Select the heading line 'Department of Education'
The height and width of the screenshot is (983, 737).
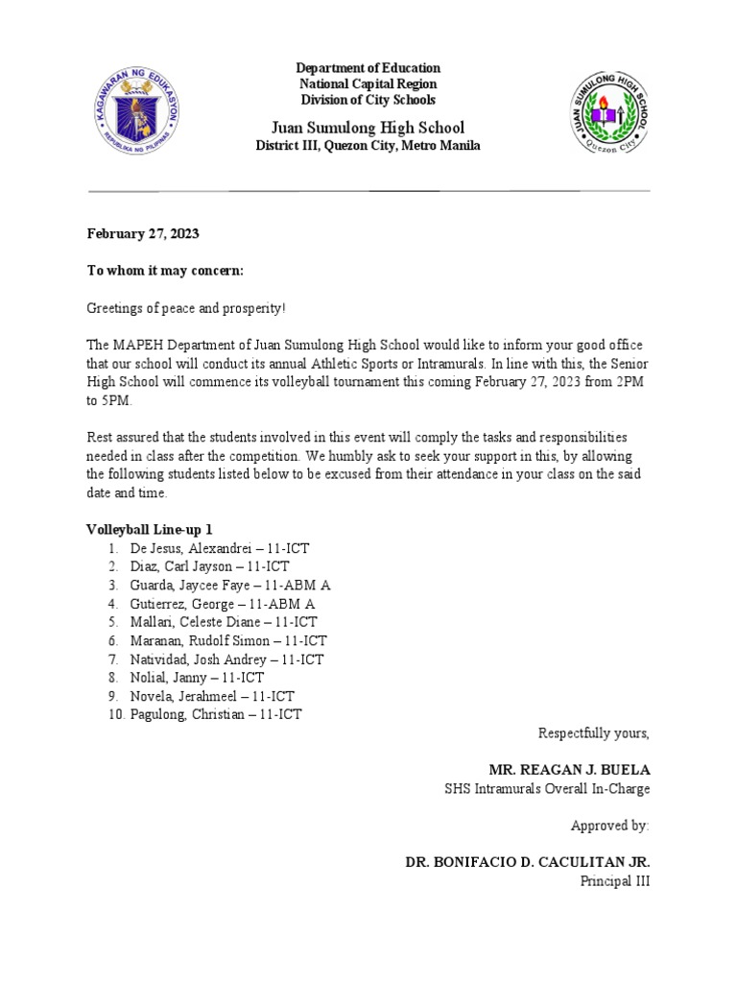(x=368, y=68)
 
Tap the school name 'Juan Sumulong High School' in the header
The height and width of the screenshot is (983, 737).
(x=368, y=127)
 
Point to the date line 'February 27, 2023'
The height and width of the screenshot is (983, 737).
(x=144, y=233)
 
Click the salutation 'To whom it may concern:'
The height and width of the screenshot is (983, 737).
(x=166, y=272)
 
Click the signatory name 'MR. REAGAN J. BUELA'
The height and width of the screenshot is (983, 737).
(x=570, y=770)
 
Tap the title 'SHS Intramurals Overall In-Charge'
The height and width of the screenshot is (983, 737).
(x=547, y=789)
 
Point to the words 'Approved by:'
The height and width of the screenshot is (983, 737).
(x=610, y=826)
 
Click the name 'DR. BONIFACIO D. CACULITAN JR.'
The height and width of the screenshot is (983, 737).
(x=528, y=863)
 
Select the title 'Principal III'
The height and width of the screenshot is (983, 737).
(x=616, y=881)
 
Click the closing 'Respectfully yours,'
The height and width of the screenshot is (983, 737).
(x=593, y=733)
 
